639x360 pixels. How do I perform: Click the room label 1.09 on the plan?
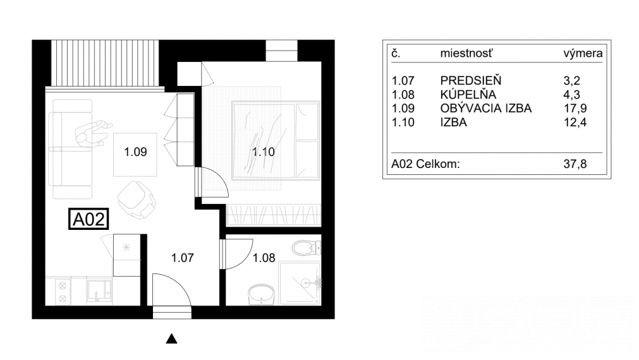click(x=137, y=152)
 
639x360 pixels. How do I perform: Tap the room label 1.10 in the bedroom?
click(x=265, y=152)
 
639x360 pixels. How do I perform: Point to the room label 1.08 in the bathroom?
click(x=265, y=258)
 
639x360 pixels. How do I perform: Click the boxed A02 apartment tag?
click(x=89, y=219)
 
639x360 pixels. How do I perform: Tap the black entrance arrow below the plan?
click(x=171, y=340)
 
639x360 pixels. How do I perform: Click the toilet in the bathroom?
click(x=304, y=248)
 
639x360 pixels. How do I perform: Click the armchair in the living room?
click(x=136, y=197)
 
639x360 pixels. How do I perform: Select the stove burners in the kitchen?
click(x=63, y=291)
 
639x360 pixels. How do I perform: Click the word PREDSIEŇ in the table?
click(x=470, y=81)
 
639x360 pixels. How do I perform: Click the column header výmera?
click(x=582, y=54)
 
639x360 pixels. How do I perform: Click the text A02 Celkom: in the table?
click(x=425, y=165)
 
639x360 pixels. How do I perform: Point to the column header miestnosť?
click(x=467, y=54)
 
